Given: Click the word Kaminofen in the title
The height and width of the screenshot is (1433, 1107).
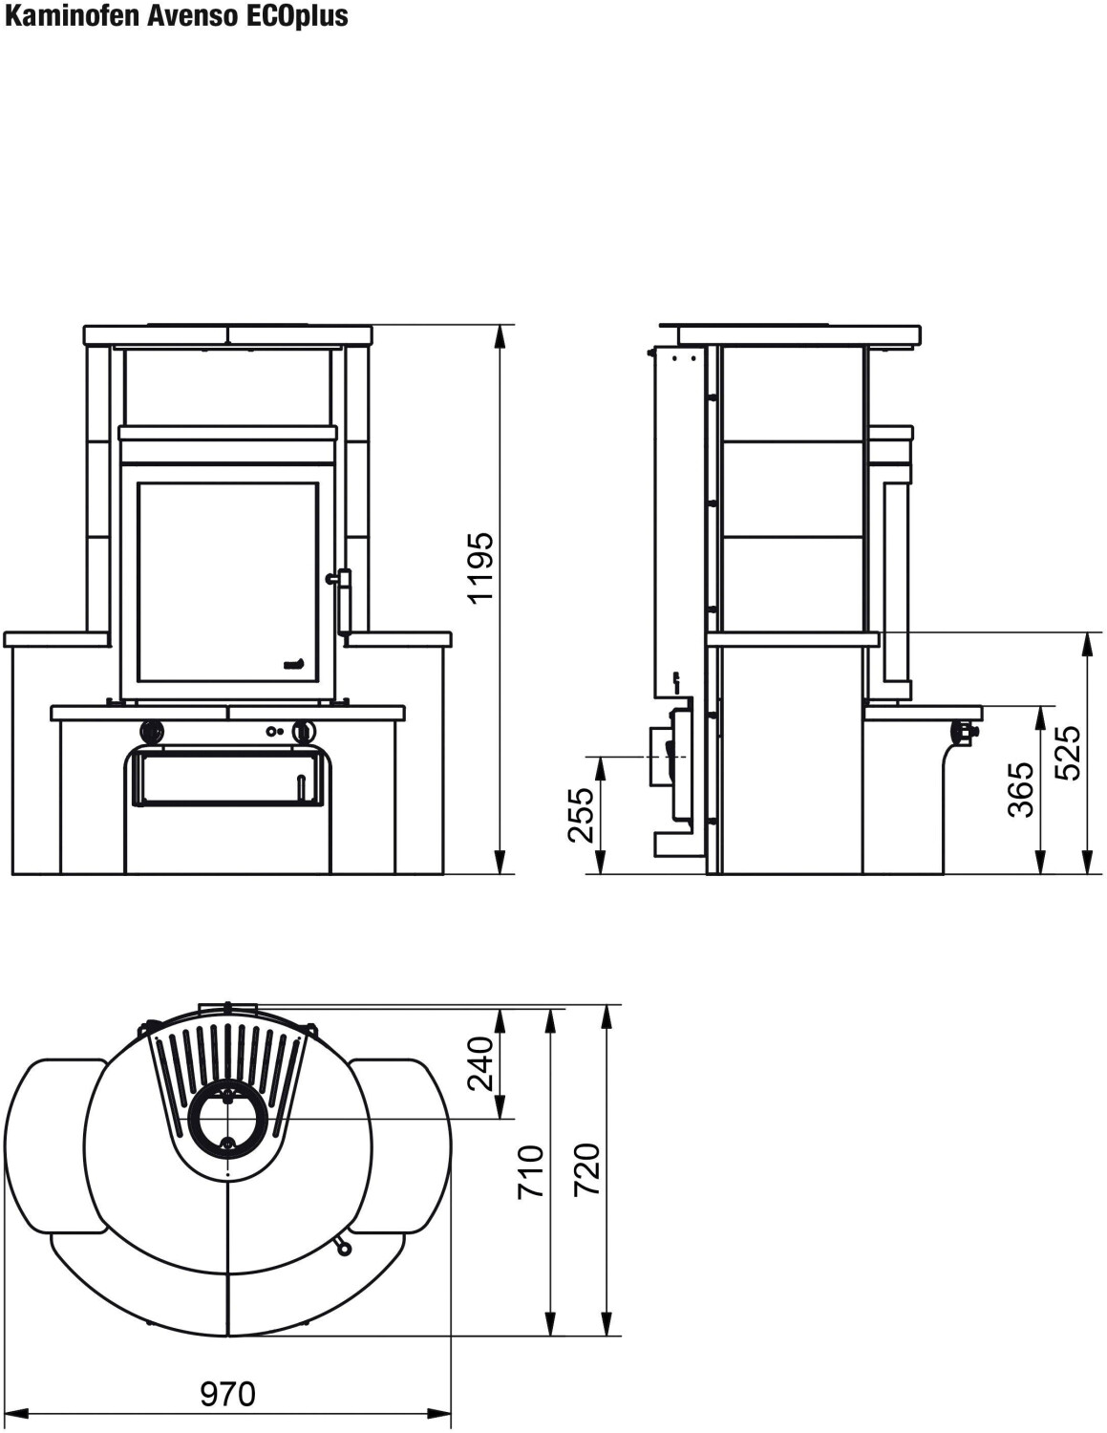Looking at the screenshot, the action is point(73,16).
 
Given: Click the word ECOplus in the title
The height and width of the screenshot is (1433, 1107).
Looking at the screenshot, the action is point(297,17).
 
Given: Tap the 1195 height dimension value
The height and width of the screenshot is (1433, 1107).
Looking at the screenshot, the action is point(480,567).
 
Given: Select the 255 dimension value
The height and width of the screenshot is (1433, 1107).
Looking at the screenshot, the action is point(581,815).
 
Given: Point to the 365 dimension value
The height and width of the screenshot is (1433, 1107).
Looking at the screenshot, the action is point(1021,789).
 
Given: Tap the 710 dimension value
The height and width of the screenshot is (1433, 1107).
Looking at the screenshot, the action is point(531,1172).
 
